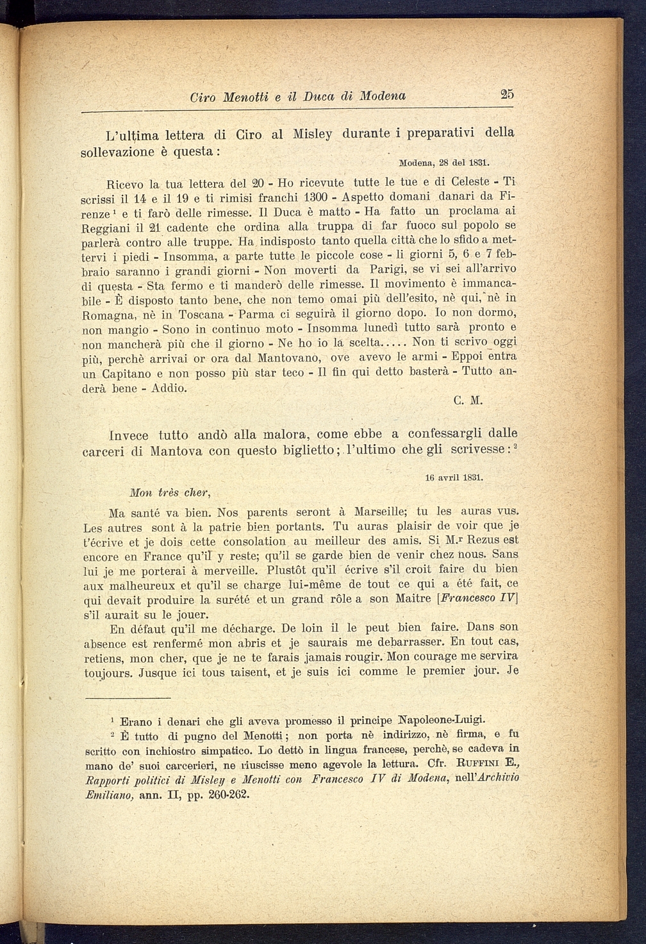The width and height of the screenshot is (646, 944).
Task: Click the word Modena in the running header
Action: point(383,97)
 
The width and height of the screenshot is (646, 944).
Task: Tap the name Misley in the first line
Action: point(312,135)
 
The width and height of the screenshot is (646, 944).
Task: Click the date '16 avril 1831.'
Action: point(454,477)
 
